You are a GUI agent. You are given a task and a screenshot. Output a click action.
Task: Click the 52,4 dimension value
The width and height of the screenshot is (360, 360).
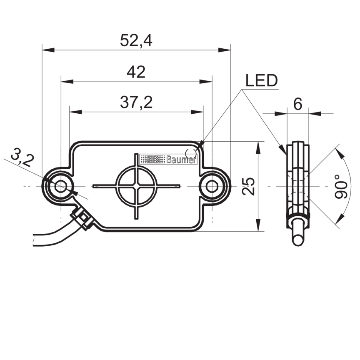[136, 40]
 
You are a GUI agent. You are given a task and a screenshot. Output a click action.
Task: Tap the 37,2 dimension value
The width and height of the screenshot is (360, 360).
[136, 102]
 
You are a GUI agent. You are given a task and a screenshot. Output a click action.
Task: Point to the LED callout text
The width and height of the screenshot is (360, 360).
[261, 81]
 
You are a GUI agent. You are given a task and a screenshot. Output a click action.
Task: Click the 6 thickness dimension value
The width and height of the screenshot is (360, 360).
[297, 104]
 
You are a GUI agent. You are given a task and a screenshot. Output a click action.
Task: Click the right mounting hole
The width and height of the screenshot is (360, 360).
[212, 185]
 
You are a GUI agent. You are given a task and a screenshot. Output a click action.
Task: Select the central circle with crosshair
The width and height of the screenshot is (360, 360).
[137, 185]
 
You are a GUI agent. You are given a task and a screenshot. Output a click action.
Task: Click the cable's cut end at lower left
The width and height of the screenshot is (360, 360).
[34, 240]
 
